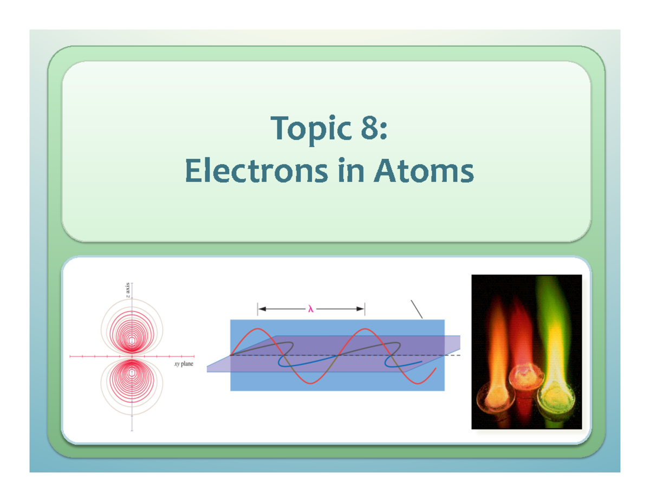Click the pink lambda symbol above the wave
(310, 309)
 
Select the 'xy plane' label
(184, 364)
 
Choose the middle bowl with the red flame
(523, 376)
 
